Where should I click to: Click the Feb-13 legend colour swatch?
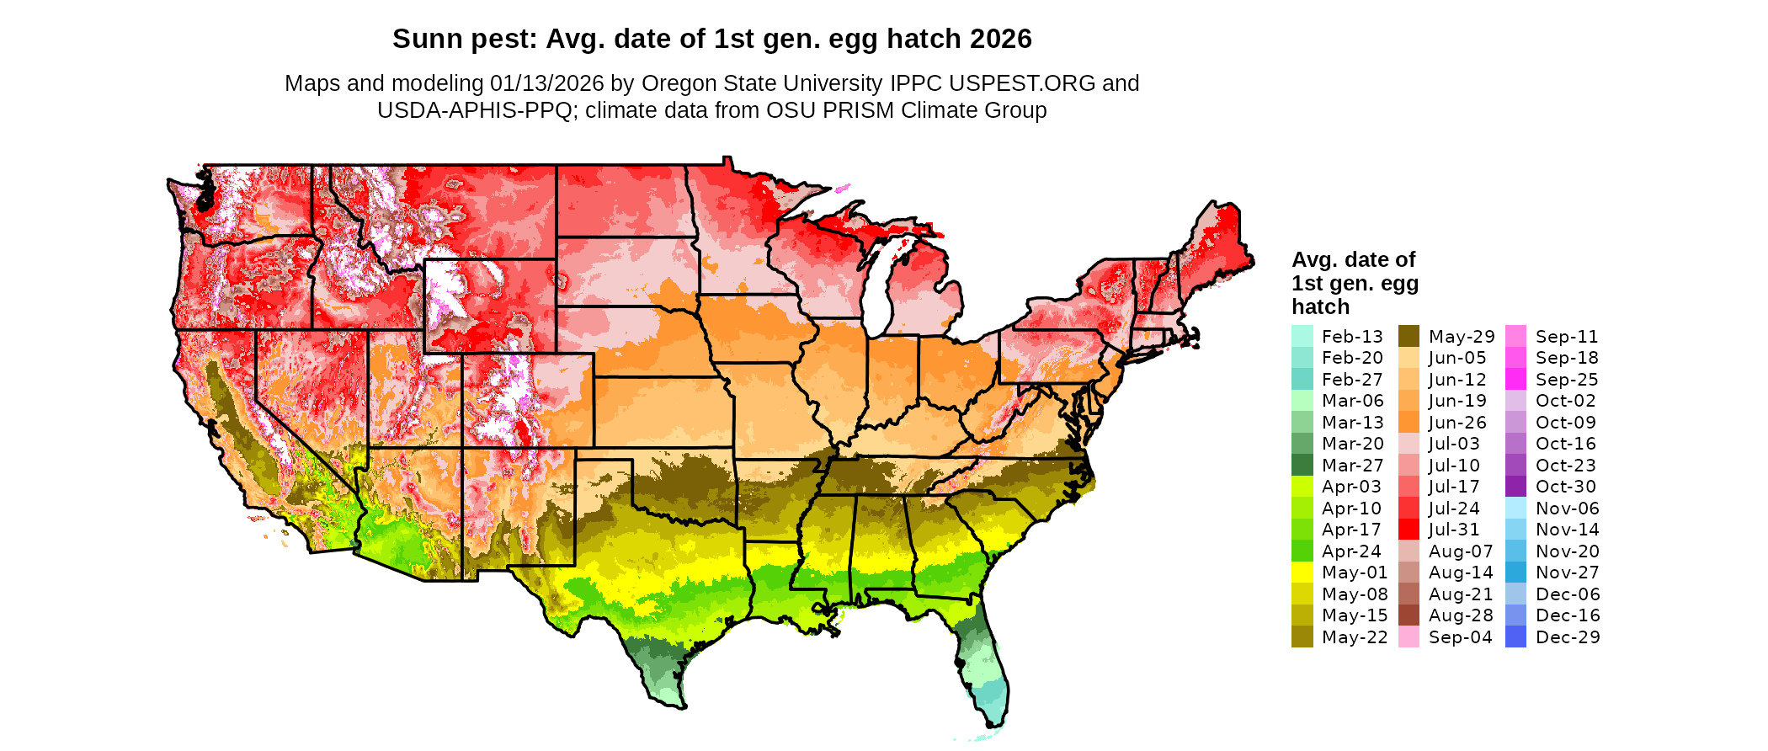pos(1302,337)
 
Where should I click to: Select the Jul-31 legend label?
pos(1454,530)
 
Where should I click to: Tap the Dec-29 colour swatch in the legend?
pos(1515,637)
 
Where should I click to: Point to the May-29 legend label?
pos(1462,337)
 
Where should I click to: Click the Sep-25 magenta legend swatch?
pos(1515,380)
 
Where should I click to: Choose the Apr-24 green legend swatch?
pos(1302,551)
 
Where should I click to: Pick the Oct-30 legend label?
pos(1565,487)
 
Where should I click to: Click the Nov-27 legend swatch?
pos(1515,573)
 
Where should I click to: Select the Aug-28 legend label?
pos(1461,615)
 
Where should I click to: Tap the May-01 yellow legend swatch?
pos(1302,573)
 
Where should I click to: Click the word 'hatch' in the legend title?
pos(1320,306)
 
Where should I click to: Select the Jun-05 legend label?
pos(1457,358)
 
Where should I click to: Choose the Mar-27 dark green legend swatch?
pos(1302,466)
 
